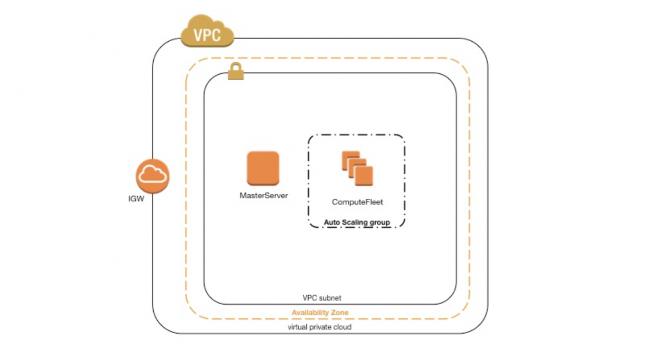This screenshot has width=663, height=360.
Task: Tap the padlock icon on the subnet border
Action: pyautogui.click(x=235, y=73)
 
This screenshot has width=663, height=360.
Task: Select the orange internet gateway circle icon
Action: pyautogui.click(x=153, y=177)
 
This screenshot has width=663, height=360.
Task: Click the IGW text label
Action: pyautogui.click(x=136, y=199)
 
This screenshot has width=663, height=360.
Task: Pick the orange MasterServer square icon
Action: pyautogui.click(x=263, y=168)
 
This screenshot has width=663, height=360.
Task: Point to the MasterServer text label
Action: pyautogui.click(x=263, y=195)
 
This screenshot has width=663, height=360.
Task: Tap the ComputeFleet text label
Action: pyautogui.click(x=358, y=202)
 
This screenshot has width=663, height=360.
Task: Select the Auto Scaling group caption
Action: pyautogui.click(x=357, y=222)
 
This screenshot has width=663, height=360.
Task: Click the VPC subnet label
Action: pyautogui.click(x=322, y=298)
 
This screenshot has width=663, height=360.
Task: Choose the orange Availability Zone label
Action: pyautogui.click(x=320, y=313)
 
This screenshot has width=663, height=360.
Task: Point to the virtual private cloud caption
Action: pyautogui.click(x=319, y=327)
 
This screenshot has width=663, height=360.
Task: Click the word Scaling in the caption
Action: pyautogui.click(x=356, y=222)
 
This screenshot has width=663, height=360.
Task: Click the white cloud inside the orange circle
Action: pyautogui.click(x=153, y=175)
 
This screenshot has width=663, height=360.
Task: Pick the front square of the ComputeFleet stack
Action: pyautogui.click(x=364, y=175)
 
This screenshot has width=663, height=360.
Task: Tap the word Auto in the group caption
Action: pyautogui.click(x=332, y=222)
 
